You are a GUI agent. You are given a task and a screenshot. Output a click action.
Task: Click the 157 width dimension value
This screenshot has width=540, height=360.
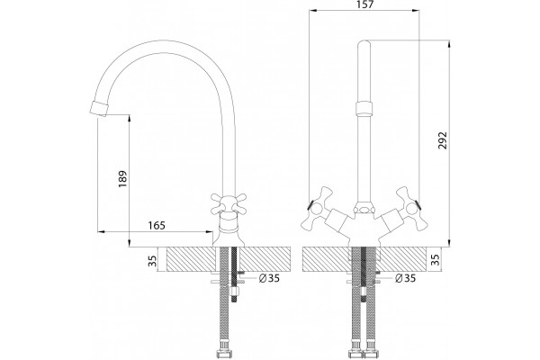tap(365, 4)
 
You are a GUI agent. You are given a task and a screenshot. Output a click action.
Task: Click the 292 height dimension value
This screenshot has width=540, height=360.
tap(443, 140)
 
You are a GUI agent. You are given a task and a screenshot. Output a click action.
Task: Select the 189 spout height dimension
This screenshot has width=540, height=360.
tap(122, 179)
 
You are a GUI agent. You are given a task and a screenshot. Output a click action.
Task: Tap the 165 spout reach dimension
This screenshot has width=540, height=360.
tap(157, 225)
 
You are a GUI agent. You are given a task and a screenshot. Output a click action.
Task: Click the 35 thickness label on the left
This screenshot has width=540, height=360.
tap(152, 261)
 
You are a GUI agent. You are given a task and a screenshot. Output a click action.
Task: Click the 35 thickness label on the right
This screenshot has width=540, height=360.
tap(436, 260)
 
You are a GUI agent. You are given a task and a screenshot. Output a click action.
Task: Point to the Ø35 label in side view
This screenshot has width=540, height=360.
tap(269, 278)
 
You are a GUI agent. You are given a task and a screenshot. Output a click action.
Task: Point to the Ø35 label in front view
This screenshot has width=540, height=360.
tap(405, 278)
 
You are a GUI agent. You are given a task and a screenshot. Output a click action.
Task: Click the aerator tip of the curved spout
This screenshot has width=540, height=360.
tap(98, 109)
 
